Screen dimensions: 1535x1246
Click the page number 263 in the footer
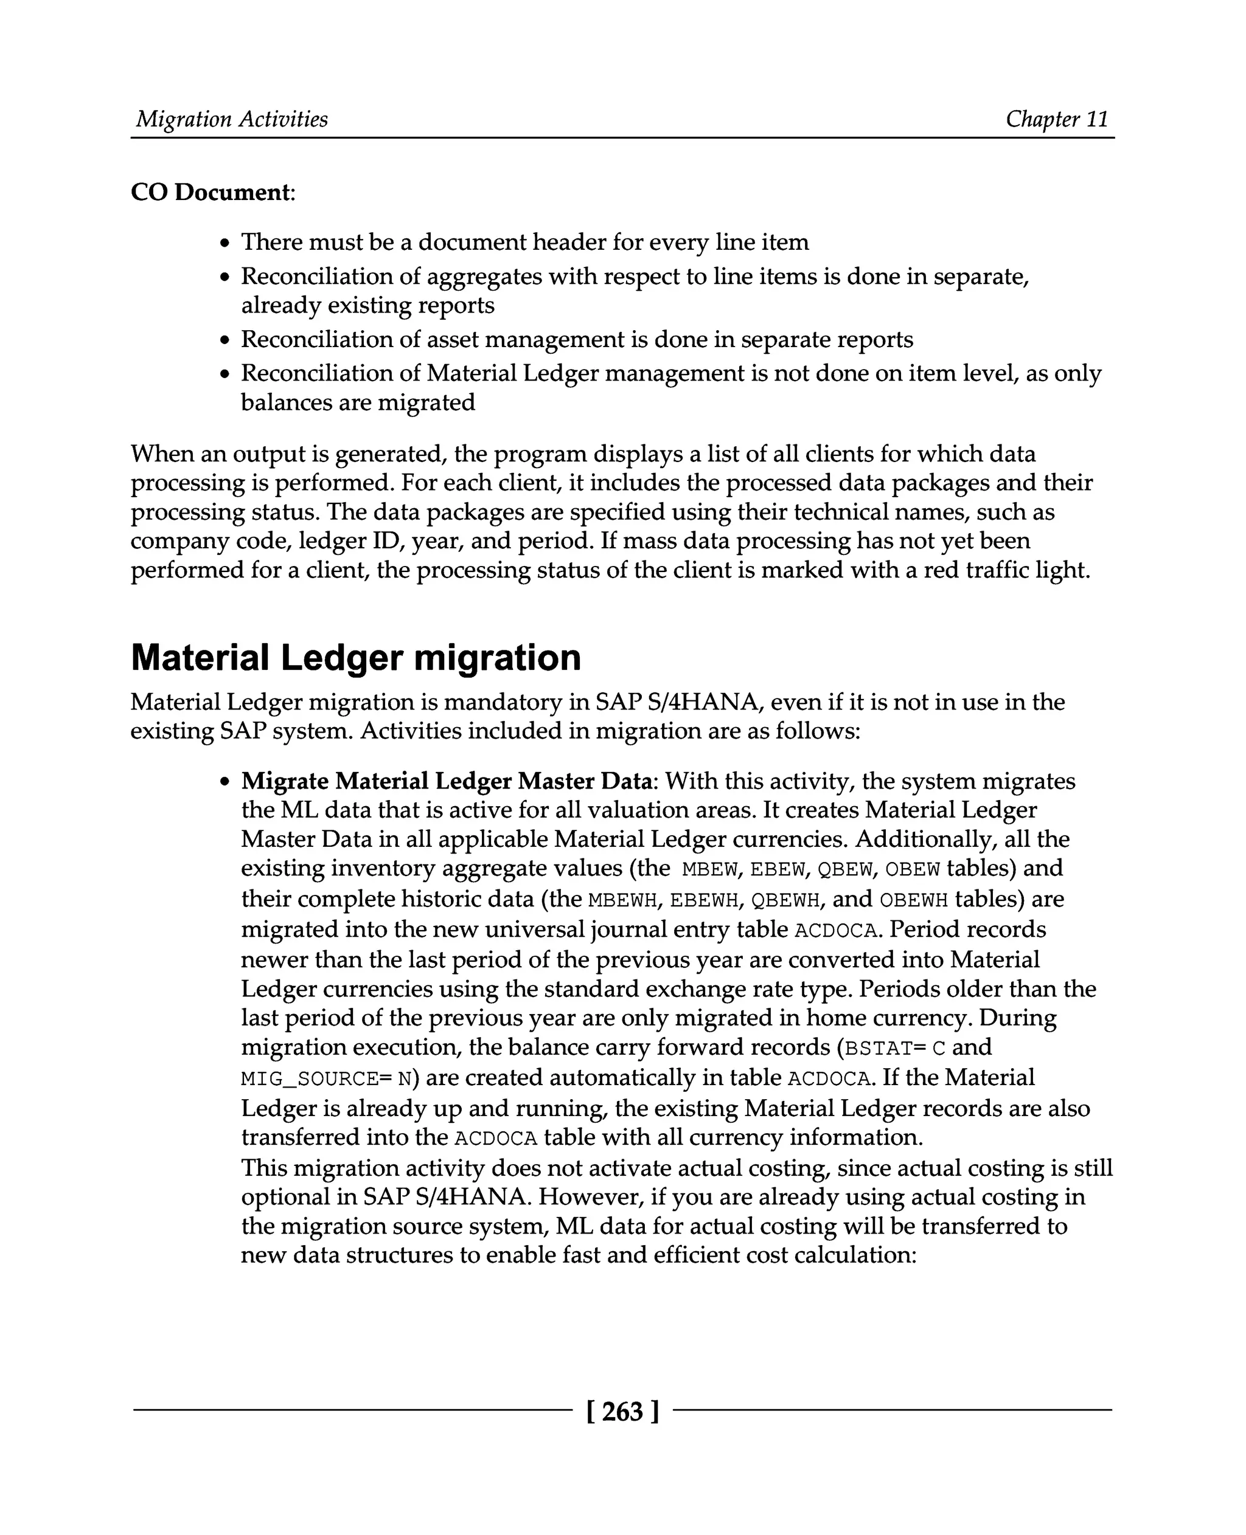[x=622, y=1412]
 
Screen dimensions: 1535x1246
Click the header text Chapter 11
[x=1057, y=119]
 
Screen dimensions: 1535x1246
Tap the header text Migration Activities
[x=232, y=119]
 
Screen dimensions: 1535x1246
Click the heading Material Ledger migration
[x=355, y=657]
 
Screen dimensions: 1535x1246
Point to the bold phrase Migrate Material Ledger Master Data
[x=448, y=781]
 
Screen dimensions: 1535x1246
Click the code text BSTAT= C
[x=896, y=1048]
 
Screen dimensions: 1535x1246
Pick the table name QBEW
[x=845, y=869]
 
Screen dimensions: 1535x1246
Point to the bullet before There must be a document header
[x=225, y=243]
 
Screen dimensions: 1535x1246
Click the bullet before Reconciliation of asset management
[x=225, y=340]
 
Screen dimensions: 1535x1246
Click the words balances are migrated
[x=358, y=402]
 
